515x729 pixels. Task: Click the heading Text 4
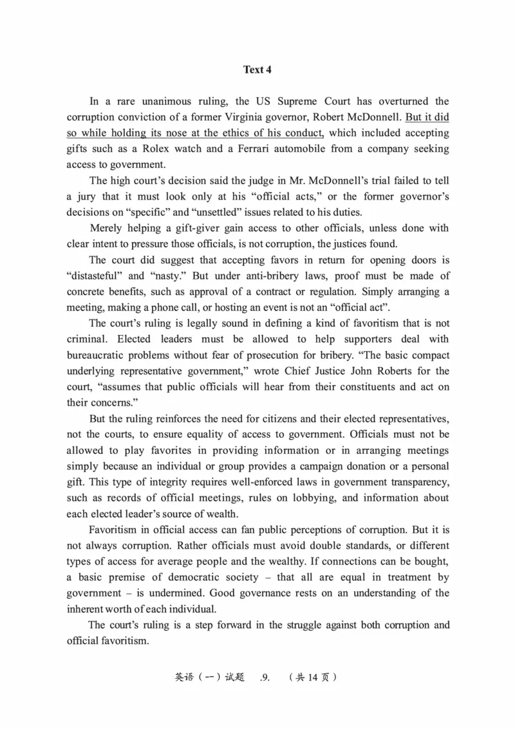257,70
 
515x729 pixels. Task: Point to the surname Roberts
369,371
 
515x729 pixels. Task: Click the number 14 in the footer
313,677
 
